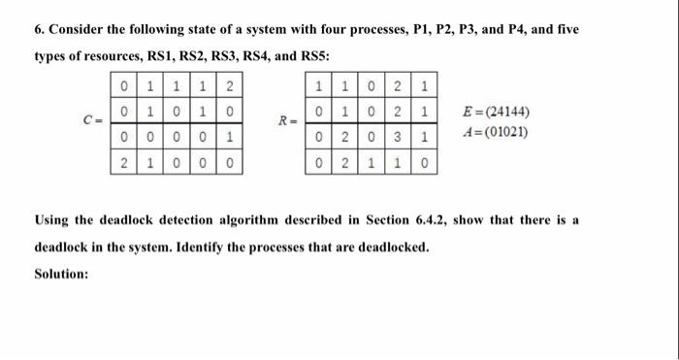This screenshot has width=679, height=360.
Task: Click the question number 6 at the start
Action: click(38, 30)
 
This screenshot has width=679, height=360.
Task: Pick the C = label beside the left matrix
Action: click(92, 121)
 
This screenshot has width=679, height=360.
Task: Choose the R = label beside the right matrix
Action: click(285, 121)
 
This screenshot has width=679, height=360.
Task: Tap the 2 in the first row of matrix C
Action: click(229, 89)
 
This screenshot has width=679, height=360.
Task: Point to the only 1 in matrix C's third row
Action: click(229, 138)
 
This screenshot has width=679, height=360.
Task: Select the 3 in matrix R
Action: click(400, 138)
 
